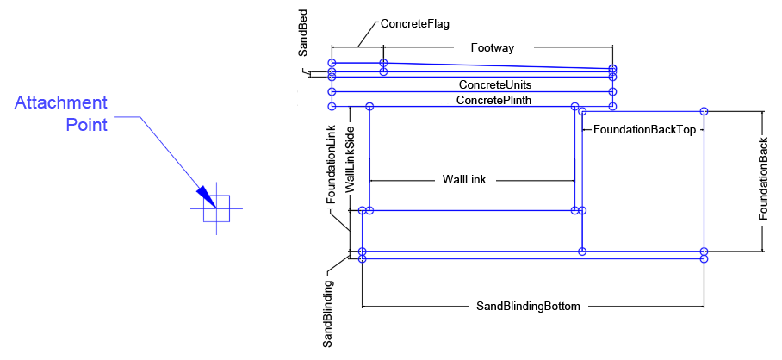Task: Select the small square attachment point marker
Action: (217, 209)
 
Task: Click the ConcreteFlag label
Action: (415, 24)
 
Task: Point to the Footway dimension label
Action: (493, 48)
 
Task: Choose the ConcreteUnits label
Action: (494, 85)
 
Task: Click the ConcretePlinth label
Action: (493, 100)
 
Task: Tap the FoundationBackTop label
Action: (645, 129)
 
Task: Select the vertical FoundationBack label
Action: (763, 180)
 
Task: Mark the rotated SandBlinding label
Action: (328, 312)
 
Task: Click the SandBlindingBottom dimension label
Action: (529, 306)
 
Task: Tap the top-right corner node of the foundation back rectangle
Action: (704, 111)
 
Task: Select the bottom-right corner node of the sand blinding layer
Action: (704, 258)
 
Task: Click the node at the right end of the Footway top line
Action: (612, 67)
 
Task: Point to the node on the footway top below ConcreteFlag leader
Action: (384, 63)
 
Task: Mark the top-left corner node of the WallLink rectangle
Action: (369, 107)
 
